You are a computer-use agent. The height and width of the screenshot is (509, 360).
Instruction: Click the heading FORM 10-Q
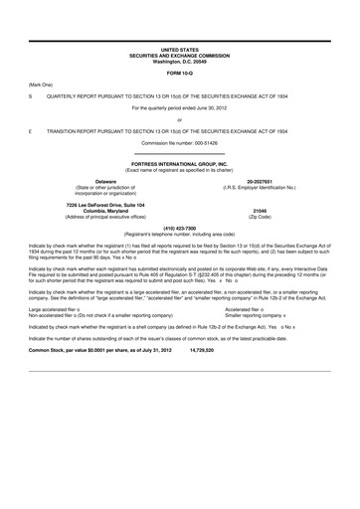tap(179, 73)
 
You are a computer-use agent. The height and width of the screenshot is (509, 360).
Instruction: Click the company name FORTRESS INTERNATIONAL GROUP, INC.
tap(179, 162)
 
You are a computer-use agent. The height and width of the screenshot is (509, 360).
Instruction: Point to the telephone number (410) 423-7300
tap(179, 225)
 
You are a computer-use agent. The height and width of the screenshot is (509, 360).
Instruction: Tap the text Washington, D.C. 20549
tap(179, 59)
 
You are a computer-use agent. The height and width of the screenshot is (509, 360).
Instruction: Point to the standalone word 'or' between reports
tap(179, 119)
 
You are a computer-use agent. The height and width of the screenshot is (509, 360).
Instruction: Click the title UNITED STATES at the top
tap(179, 48)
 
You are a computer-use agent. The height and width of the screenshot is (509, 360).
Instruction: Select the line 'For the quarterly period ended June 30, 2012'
tap(179, 107)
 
